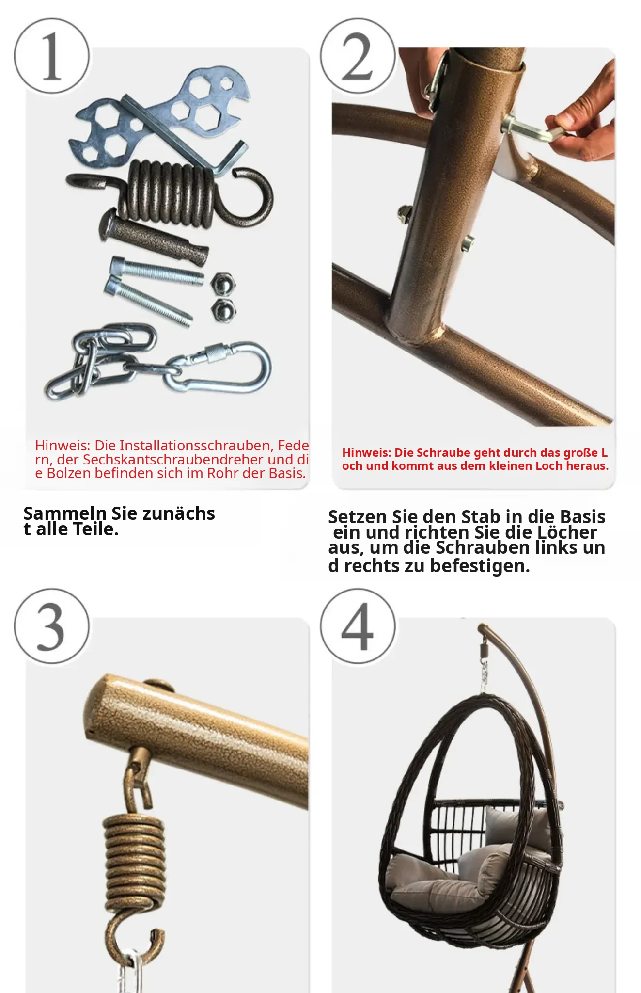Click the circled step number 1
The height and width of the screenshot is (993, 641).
[x=52, y=56]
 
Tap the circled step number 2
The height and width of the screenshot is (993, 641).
[x=358, y=56]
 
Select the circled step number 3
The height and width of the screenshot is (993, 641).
[x=52, y=626]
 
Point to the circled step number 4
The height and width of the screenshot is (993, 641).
[x=358, y=626]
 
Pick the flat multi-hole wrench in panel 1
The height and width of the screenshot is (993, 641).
[x=160, y=116]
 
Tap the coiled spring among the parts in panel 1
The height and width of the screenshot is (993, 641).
[x=170, y=194]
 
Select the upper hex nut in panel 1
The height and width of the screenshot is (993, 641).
[x=224, y=283]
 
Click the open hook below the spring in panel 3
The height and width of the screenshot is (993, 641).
[x=136, y=938]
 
